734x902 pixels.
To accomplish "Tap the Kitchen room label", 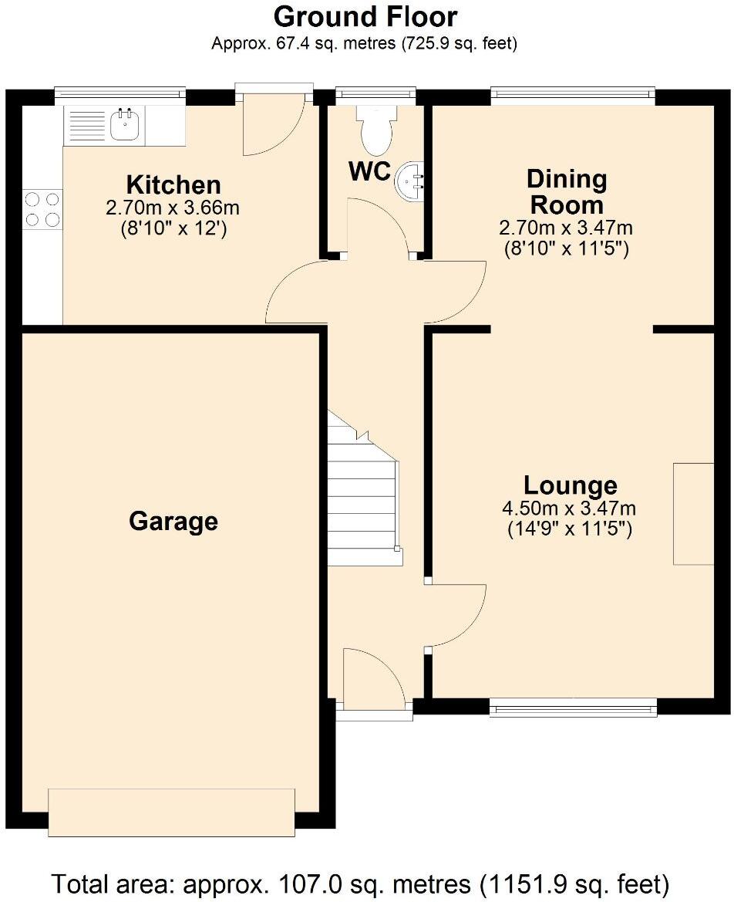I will coord(173,185).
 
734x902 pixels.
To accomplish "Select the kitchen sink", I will coord(124,124).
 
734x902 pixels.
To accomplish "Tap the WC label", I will coord(370,172).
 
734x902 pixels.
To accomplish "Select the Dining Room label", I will coord(566,192).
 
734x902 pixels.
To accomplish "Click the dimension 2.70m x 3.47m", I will coord(566,228).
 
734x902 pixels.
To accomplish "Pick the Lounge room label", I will coord(570,485).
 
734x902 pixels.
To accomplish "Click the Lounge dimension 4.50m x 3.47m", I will coord(570,508).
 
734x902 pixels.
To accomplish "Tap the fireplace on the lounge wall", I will coord(693,514).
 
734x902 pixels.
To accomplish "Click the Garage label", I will coord(173,522).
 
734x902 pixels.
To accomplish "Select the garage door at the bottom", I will coord(171,812).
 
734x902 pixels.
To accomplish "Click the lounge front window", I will coord(573,705).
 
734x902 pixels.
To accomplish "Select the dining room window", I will coord(573,96).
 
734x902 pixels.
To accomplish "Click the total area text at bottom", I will coord(360,883).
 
